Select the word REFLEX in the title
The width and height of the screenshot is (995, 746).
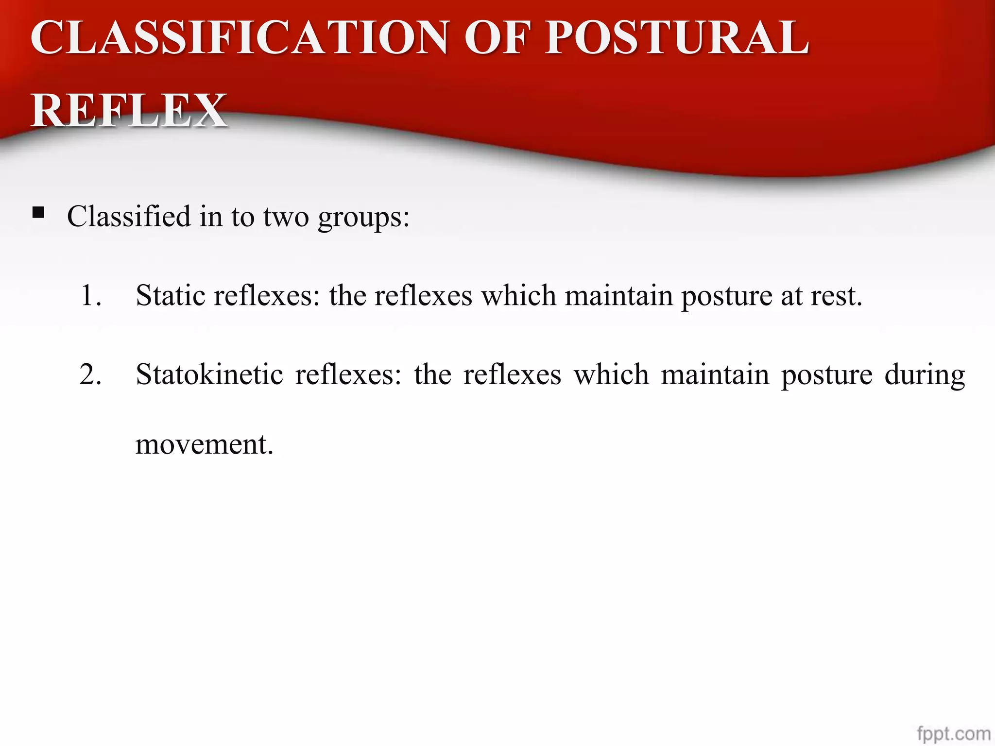coord(129,110)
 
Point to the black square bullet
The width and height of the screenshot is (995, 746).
coord(38,212)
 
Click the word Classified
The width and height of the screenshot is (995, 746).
coord(129,216)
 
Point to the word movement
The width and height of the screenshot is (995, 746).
coord(204,444)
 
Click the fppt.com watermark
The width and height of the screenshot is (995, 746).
coord(954,733)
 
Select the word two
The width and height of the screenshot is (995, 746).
coord(286,217)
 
